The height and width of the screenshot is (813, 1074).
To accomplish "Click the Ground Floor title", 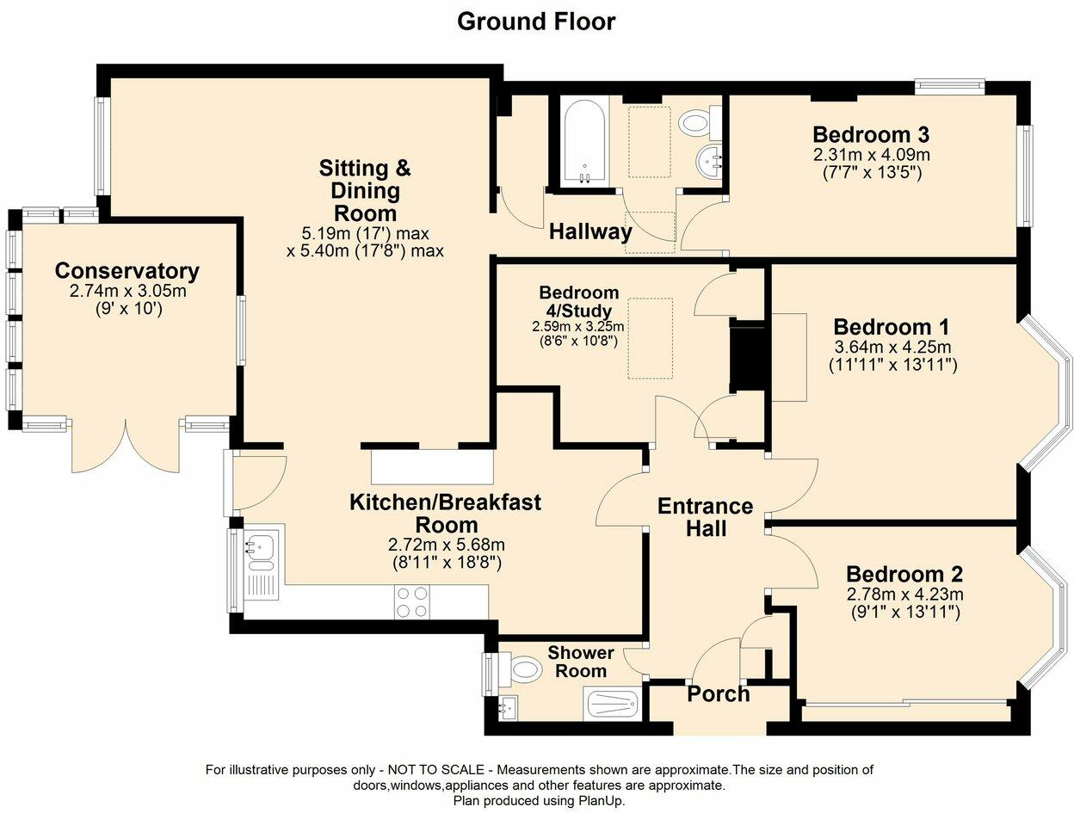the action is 536,22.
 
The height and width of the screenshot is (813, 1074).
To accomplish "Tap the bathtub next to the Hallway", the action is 584,142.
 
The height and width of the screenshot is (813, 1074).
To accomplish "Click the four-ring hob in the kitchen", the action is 412,602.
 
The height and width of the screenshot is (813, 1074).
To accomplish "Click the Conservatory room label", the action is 127,271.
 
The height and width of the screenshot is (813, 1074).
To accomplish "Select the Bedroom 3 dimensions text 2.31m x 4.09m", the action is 872,155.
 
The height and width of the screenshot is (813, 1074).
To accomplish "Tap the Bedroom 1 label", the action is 892,327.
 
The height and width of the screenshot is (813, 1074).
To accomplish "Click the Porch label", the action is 718,694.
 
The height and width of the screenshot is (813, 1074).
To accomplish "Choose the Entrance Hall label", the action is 705,517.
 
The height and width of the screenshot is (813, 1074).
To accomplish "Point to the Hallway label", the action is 590,231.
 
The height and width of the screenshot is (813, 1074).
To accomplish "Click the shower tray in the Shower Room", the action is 612,704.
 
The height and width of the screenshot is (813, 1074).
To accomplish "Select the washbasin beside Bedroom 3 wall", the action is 707,161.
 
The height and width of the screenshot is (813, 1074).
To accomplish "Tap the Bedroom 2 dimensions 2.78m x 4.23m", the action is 905,594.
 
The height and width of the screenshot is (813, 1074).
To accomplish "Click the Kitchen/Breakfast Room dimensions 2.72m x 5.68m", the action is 447,545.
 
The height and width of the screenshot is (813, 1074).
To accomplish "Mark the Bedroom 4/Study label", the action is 579,301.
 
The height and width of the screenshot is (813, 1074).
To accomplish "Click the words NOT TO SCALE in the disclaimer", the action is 436,770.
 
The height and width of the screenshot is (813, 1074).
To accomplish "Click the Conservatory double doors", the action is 126,447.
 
